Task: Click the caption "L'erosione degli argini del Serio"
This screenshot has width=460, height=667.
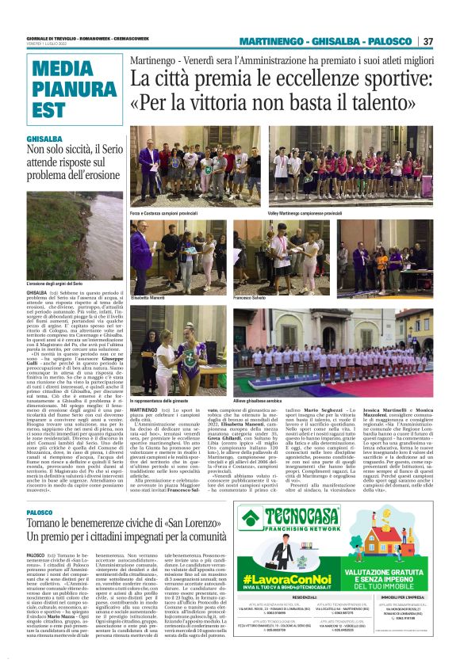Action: point(56,284)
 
